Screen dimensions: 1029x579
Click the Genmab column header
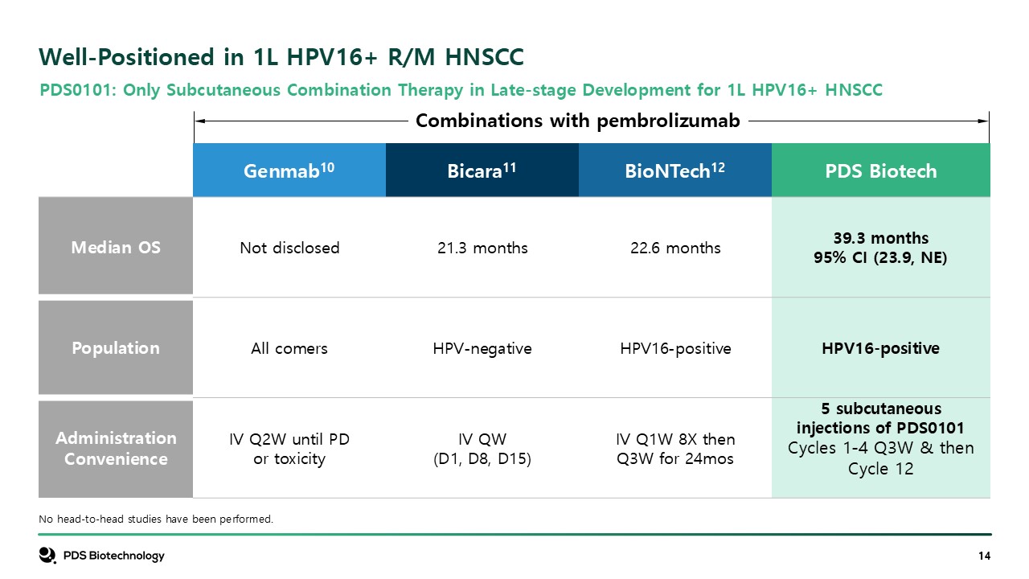[x=289, y=170]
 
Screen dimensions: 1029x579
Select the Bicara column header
[x=482, y=170]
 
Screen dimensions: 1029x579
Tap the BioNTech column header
[x=674, y=170]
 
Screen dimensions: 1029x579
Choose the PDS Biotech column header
[x=880, y=170]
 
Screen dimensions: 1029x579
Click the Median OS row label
[x=116, y=246]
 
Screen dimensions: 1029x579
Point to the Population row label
[x=116, y=348]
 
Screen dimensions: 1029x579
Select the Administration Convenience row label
[x=116, y=449]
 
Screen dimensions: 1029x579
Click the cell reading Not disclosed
[x=289, y=248]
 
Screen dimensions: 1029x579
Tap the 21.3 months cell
[x=482, y=248]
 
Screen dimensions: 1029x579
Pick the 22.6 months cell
[x=675, y=248]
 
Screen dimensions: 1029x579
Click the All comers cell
[x=289, y=348]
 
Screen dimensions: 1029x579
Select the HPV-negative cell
[x=482, y=349]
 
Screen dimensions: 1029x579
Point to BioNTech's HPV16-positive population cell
[x=675, y=349]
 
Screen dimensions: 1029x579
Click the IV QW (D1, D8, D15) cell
[x=482, y=449]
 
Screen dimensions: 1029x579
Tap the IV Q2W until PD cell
[x=289, y=449]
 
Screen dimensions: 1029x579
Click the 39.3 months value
[x=880, y=238]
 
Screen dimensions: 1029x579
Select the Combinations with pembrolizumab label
[x=577, y=121]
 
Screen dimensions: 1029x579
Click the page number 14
[x=984, y=556]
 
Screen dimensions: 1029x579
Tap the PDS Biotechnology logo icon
[x=47, y=555]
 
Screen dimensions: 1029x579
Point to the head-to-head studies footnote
[x=156, y=519]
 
